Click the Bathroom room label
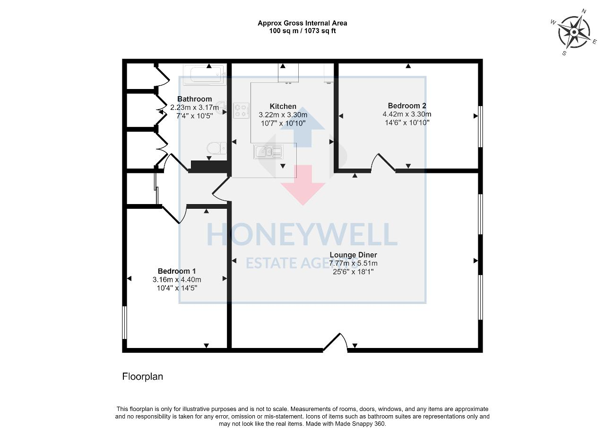[x=194, y=99]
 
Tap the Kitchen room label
[x=283, y=107]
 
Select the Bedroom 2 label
[x=407, y=106]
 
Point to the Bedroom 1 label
[x=177, y=271]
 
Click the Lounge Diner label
[x=353, y=255]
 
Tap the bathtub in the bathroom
[x=205, y=74]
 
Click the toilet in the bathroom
[x=216, y=148]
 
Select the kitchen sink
[x=268, y=152]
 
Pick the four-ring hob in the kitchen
[x=241, y=110]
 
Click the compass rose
[x=574, y=33]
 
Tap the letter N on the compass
[x=584, y=11]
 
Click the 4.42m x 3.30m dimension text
[x=407, y=114]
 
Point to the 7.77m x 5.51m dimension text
[x=353, y=263]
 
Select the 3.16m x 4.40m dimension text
[x=177, y=279]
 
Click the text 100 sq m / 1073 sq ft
[x=302, y=31]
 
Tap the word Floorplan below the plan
[x=142, y=376]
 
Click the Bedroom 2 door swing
[x=383, y=163]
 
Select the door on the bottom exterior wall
[x=335, y=343]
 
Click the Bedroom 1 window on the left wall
[x=124, y=322]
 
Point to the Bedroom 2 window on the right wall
[x=480, y=126]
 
